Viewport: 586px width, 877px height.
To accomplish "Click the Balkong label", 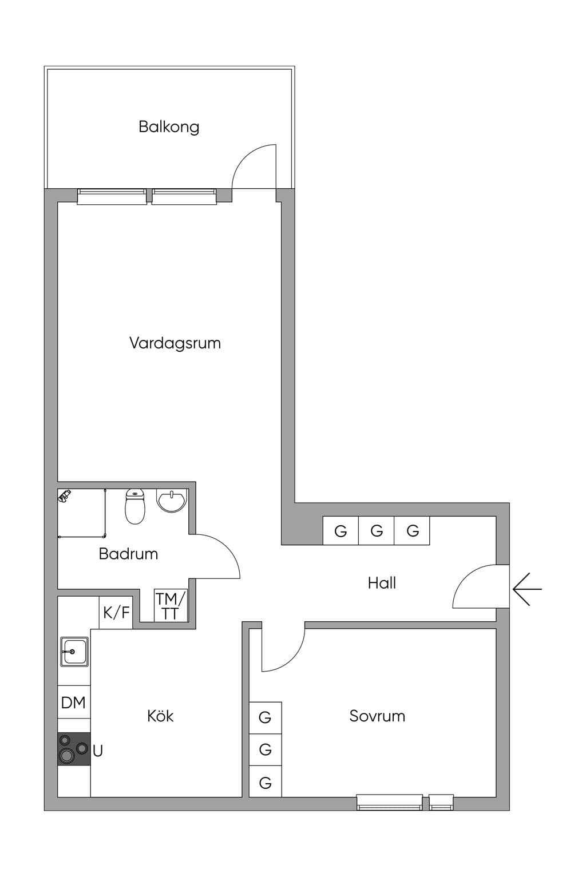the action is (x=169, y=127).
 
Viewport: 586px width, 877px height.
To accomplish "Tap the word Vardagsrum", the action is (x=175, y=343).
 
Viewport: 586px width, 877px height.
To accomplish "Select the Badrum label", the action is (x=128, y=554).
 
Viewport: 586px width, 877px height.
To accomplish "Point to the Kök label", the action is (x=160, y=716).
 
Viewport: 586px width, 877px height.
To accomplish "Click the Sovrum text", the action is (x=377, y=716).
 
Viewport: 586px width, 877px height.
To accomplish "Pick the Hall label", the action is (x=382, y=583).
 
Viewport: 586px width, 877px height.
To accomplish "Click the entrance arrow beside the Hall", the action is (x=527, y=589).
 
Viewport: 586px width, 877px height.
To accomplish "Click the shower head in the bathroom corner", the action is (x=64, y=495).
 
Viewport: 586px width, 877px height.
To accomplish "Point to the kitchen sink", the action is (x=74, y=651).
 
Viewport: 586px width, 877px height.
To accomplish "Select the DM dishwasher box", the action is (x=74, y=702).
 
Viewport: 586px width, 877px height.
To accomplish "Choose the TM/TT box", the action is (x=171, y=606).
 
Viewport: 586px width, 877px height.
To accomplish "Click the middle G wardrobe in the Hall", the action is (x=376, y=530).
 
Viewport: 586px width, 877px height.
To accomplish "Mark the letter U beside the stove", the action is (x=98, y=751).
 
